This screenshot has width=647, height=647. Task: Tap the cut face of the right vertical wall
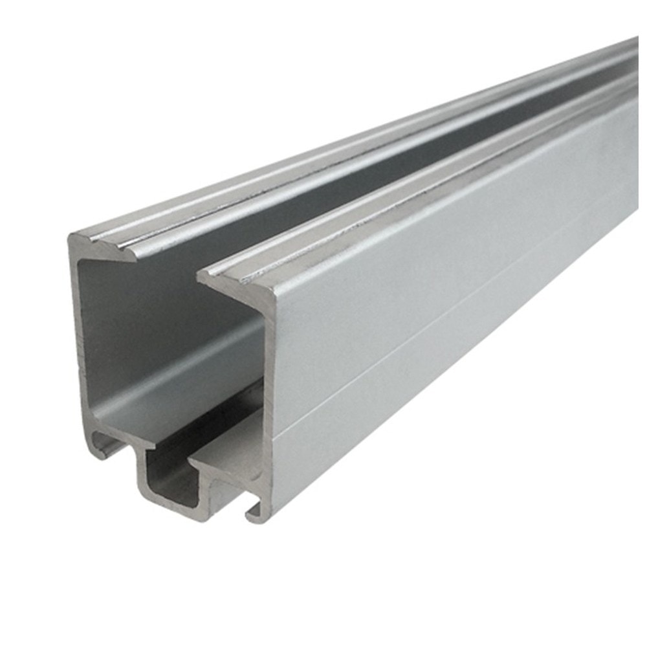[x=269, y=388]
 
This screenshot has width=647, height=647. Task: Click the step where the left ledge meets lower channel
[x=146, y=446]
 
